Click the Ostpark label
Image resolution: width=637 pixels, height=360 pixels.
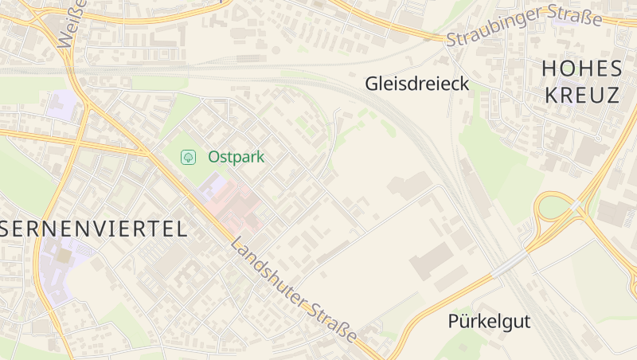pos(236,157)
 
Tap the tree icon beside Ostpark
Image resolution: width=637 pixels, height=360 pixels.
pos(189,157)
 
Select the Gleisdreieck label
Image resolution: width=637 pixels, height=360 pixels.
pos(416,84)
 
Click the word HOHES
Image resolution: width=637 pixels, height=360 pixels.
pos(580,68)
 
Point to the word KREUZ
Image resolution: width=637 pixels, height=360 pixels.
pos(580,96)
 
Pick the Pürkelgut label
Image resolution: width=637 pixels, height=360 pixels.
pos(488,322)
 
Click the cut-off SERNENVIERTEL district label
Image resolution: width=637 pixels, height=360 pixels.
pos(94,229)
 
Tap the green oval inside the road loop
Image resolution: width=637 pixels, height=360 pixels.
pos(554,207)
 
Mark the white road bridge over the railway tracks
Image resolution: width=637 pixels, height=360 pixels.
pos(509,264)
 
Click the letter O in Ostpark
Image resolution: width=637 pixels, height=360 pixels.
pos(214,157)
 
